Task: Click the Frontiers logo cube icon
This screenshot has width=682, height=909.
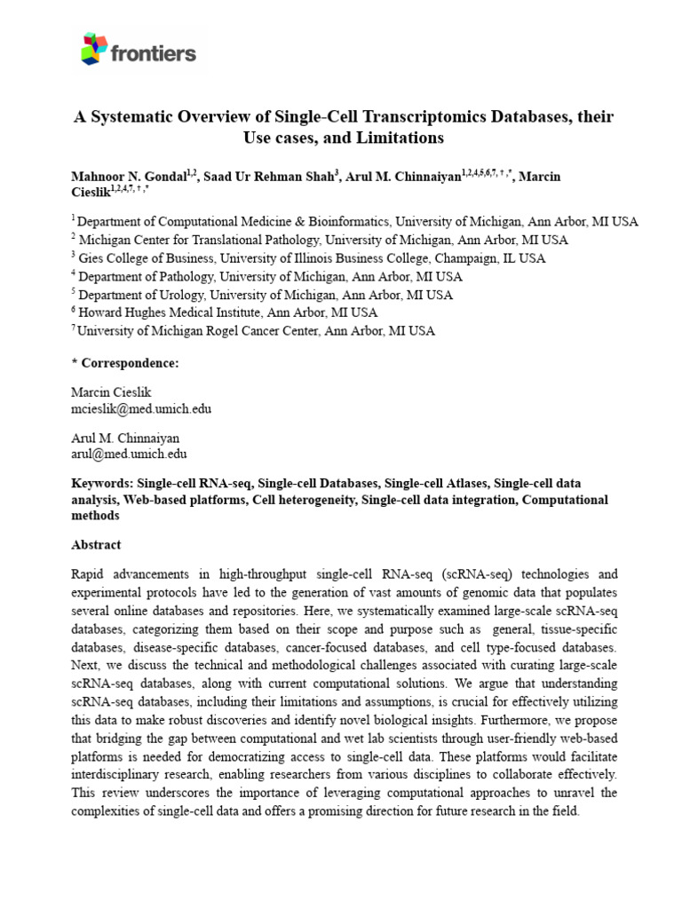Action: coord(94,50)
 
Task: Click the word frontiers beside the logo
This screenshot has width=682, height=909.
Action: coord(153,53)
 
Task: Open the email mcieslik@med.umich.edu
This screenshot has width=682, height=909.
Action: coord(140,409)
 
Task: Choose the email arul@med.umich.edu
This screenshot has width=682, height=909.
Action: coord(129,454)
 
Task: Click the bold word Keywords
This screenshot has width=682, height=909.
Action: coord(102,484)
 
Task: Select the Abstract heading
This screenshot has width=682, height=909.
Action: coord(95,545)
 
